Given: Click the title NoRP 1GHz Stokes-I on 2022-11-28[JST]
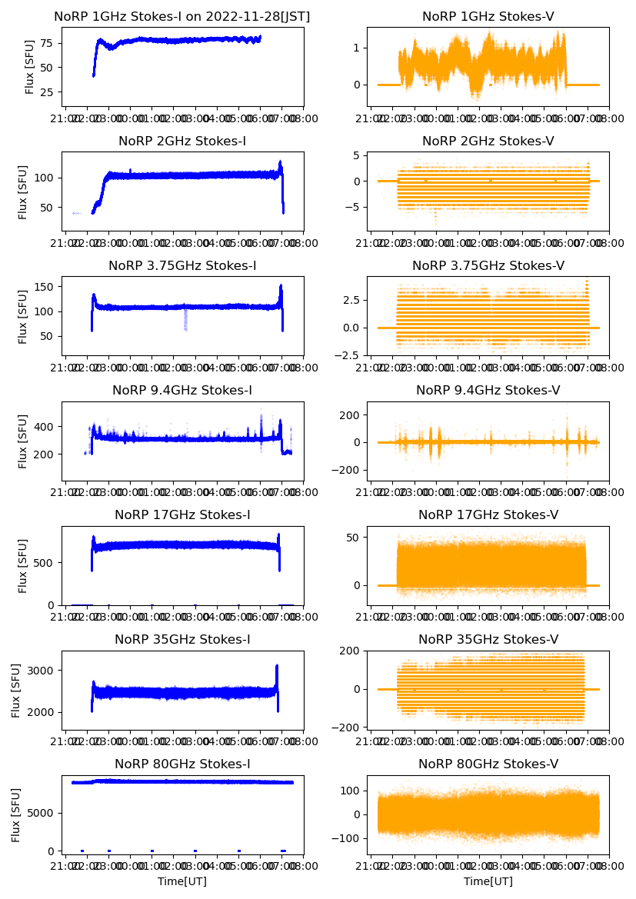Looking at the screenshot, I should click(x=182, y=16).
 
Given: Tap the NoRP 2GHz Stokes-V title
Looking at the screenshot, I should click(x=488, y=141).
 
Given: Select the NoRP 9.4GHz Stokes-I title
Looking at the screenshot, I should click(x=182, y=390).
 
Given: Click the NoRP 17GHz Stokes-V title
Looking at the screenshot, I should click(x=488, y=514).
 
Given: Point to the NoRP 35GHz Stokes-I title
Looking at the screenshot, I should click(x=182, y=639).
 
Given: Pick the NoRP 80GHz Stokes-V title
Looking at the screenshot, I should click(x=488, y=764).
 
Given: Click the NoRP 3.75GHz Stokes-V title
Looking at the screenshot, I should click(x=488, y=265).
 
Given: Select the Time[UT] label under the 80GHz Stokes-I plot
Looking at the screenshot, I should click(x=182, y=881).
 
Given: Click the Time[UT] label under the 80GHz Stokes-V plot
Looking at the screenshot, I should click(x=488, y=881).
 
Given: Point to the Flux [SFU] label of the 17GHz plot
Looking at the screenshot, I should click(x=24, y=565).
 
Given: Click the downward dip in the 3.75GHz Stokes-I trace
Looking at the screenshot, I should click(x=185, y=319).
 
